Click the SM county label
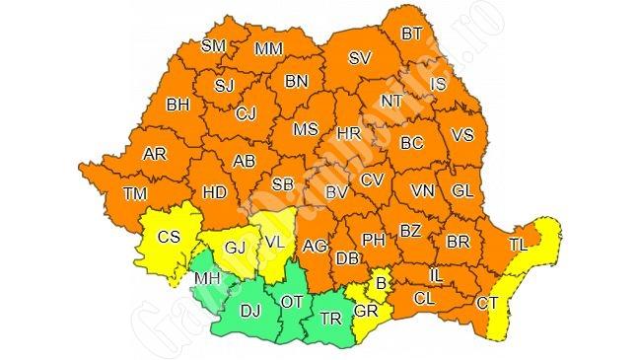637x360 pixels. [213, 45]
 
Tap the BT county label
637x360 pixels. [412, 34]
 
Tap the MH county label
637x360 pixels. [206, 279]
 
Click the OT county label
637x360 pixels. [292, 301]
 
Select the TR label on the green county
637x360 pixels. [328, 320]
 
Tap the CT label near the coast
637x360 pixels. [486, 303]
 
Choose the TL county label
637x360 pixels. [518, 243]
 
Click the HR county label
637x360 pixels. [348, 132]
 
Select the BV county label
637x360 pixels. [337, 191]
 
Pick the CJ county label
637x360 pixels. [246, 114]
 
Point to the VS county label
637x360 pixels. [461, 134]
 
